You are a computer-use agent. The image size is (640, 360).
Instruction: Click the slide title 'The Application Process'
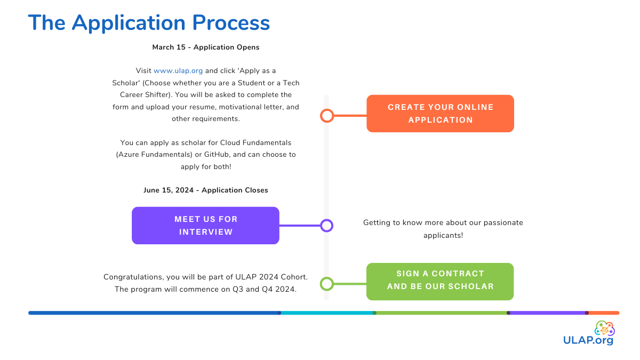[x=149, y=23]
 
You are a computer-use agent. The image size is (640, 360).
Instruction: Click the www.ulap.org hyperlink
[x=178, y=70]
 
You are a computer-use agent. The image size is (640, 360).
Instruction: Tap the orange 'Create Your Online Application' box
[x=440, y=114]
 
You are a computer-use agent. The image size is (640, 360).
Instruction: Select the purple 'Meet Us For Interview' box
[x=205, y=226]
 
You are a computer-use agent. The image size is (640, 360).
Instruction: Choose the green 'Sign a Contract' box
[x=440, y=281]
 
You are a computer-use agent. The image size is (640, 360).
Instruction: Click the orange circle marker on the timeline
[x=327, y=115]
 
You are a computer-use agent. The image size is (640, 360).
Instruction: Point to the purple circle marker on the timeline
[x=327, y=226]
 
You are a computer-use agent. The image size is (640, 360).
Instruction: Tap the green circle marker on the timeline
[x=327, y=284]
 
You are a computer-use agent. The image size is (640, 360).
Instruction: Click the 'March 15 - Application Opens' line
[x=206, y=47]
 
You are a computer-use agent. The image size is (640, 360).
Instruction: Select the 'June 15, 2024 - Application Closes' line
[x=206, y=190]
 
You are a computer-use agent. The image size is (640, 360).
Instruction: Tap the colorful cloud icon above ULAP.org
[x=604, y=328]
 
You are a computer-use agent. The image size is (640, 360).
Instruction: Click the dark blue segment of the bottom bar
[x=155, y=313]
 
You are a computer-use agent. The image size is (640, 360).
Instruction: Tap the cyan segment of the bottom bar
[x=327, y=313]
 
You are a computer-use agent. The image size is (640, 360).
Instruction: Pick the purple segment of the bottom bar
[x=548, y=313]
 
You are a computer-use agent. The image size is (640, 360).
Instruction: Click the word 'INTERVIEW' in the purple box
[x=206, y=232]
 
